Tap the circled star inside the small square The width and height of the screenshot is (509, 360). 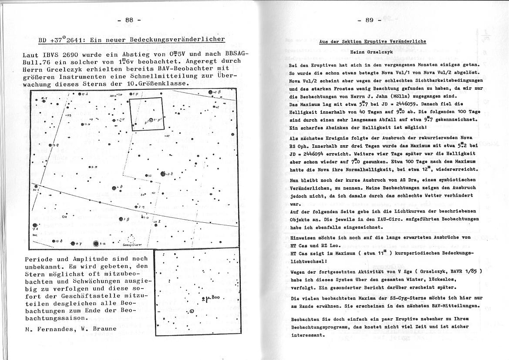pyautogui.click(x=152, y=121)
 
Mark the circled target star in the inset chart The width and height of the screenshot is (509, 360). pyautogui.click(x=192, y=311)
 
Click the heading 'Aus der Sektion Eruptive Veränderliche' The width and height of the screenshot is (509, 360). pyautogui.click(x=372, y=42)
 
